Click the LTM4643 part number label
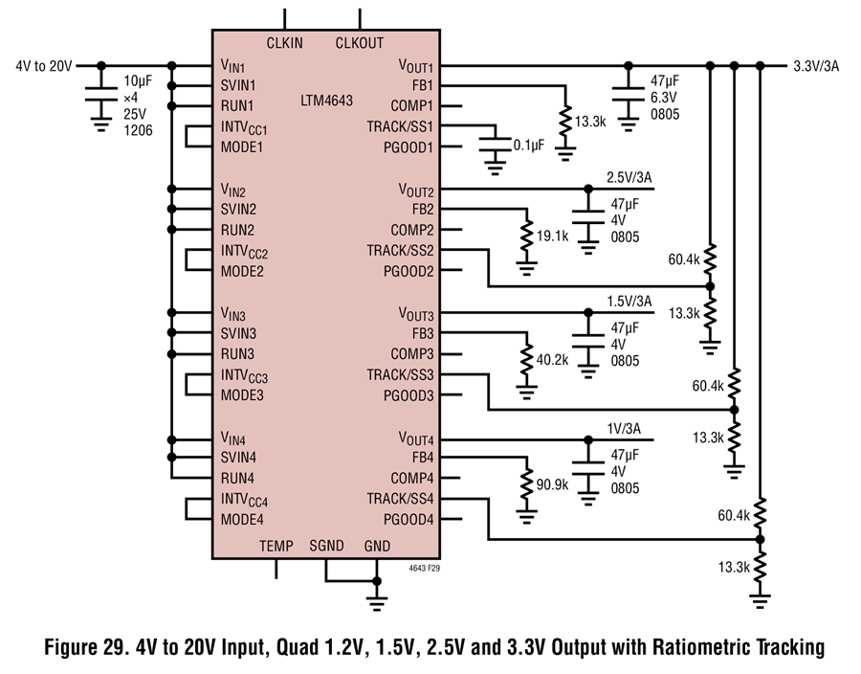327,101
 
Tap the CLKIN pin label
284,43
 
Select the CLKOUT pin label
360,43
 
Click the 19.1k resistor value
552,236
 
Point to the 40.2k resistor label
552,360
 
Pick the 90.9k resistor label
552,484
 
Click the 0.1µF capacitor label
529,145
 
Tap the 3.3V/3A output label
816,66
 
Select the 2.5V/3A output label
629,177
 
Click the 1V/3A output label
624,429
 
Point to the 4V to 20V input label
44,66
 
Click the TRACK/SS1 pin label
400,127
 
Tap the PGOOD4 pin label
408,519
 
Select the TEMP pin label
276,546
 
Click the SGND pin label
327,546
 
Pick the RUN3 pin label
238,354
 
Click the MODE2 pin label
242,271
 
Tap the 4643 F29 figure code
425,569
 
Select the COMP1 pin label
411,106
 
